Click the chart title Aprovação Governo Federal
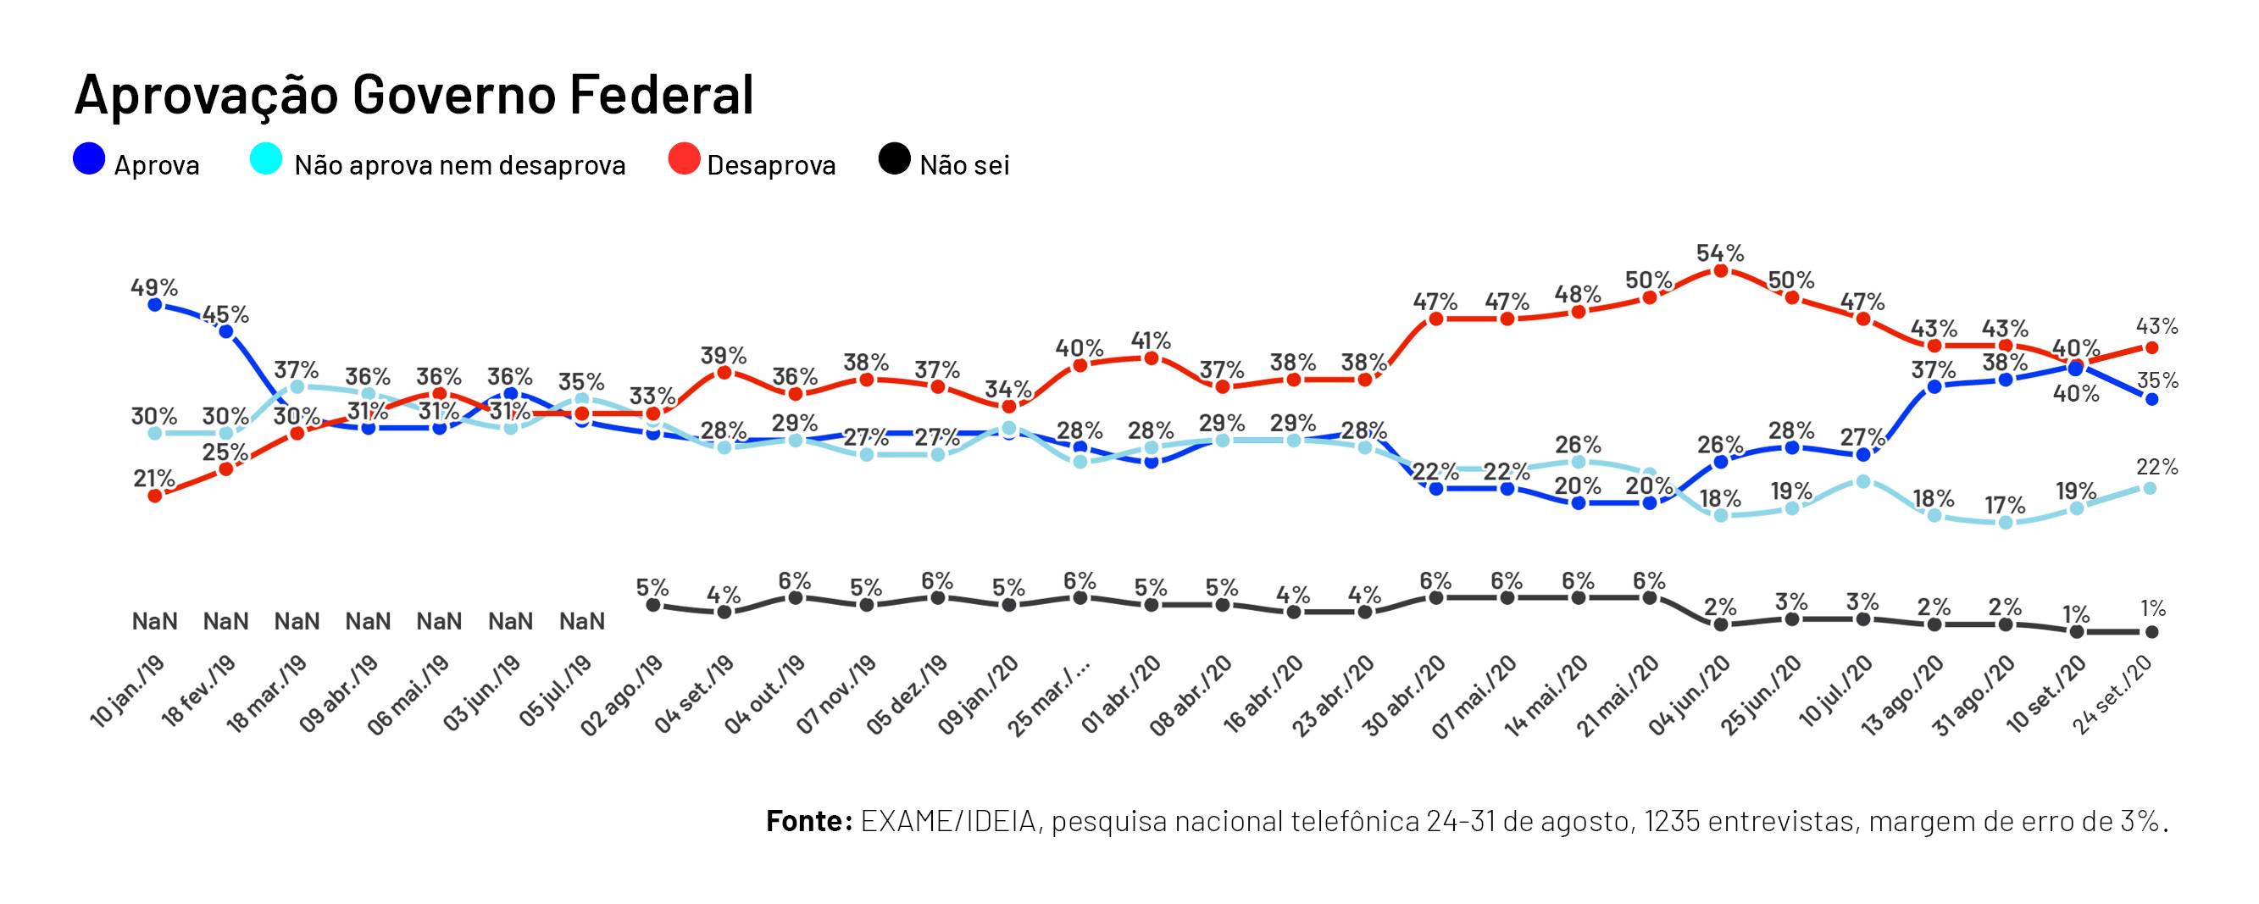tap(413, 95)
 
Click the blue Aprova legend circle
tap(90, 159)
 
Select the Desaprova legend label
tap(771, 166)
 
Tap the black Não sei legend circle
tap(895, 159)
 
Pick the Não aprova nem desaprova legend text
tap(459, 166)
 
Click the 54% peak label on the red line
tap(1720, 253)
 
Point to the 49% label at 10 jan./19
tap(154, 286)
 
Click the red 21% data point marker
tap(155, 496)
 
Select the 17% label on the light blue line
tap(2005, 505)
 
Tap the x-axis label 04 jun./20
tap(1689, 697)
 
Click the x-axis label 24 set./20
tap(2112, 697)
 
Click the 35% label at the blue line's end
tap(2156, 380)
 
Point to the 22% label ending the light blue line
tap(2156, 468)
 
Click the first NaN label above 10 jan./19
tap(154, 622)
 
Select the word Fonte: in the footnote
tap(808, 822)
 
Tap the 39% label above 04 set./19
tap(724, 355)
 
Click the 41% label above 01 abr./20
tap(1151, 341)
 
